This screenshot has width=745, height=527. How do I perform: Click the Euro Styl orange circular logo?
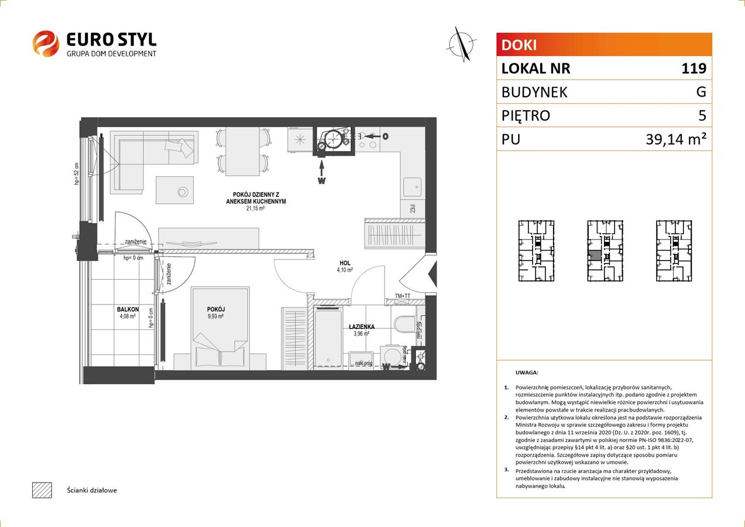[46, 44]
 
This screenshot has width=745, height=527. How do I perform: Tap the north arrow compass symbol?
[462, 44]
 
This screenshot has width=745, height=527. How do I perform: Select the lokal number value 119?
[693, 69]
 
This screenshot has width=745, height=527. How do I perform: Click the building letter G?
[701, 92]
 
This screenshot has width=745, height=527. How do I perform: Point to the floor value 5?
[702, 116]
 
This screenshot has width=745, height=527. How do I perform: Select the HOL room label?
[344, 263]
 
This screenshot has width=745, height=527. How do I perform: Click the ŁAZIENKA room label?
[361, 327]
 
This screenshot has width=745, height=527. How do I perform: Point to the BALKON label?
[127, 309]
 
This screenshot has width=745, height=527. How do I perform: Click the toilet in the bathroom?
[404, 324]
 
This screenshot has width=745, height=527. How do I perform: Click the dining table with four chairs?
[243, 150]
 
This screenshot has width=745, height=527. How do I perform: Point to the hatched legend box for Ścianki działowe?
[42, 490]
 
